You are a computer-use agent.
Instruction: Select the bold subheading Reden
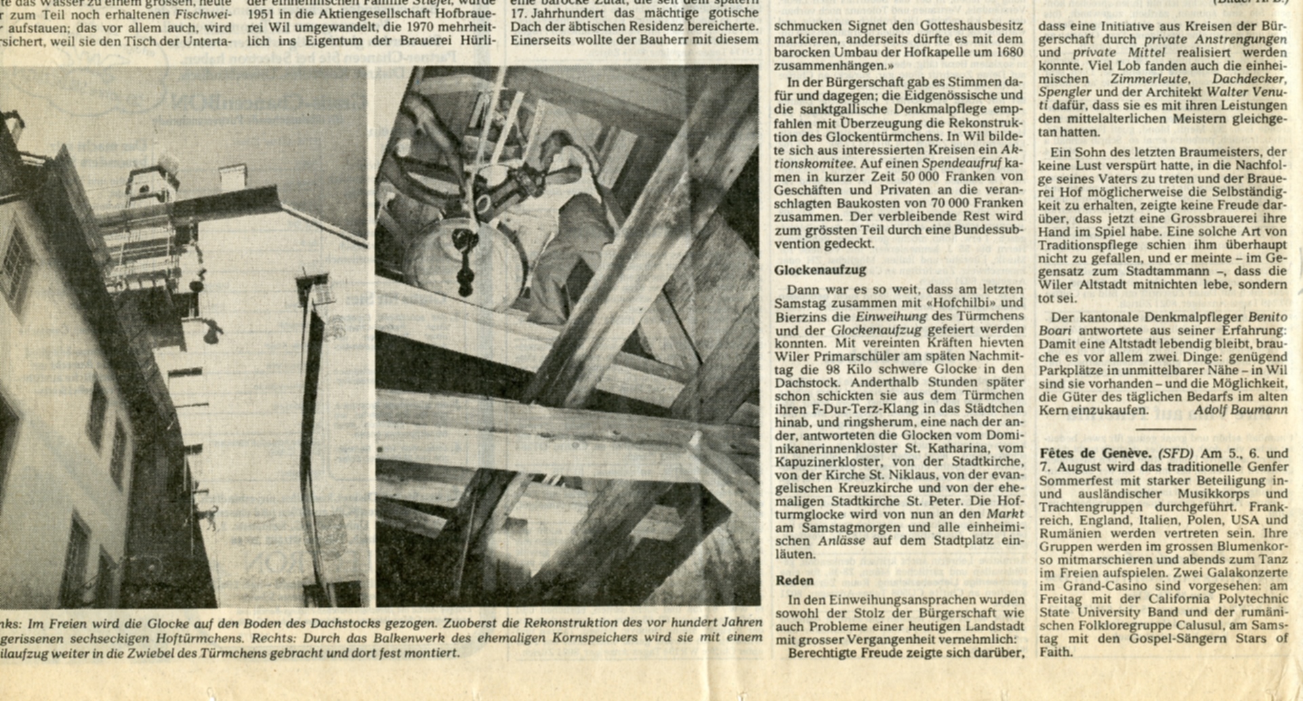794,580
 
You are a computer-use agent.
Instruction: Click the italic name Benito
1267,317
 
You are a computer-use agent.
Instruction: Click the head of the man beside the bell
550,144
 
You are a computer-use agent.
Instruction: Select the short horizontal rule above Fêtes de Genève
1165,429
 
